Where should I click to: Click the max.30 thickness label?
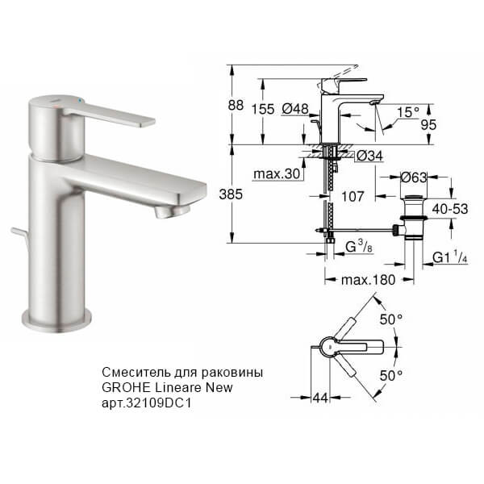[x=277, y=175]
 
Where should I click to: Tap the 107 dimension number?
[x=353, y=196]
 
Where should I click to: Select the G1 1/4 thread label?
[x=449, y=258]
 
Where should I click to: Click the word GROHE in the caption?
[x=123, y=388]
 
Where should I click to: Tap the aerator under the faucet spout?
[x=172, y=211]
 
